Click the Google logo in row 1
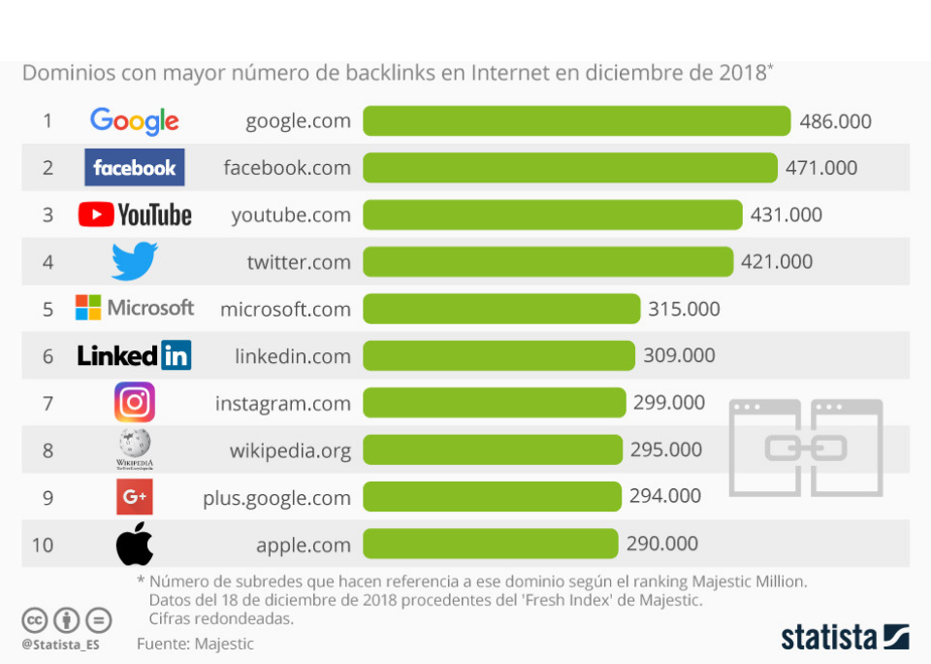[134, 121]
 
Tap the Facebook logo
[134, 168]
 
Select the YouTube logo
[135, 215]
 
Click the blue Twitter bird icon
[134, 261]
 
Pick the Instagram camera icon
[134, 402]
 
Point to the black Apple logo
[134, 544]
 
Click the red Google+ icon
[134, 497]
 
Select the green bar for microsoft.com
[501, 309]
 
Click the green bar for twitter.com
[548, 262]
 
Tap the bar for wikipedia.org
[493, 449]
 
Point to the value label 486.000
[835, 121]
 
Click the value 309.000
[679, 356]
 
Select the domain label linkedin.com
[292, 356]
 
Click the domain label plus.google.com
[276, 498]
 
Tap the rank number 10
[43, 545]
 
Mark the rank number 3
[48, 216]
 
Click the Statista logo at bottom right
[845, 637]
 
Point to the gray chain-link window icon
[806, 448]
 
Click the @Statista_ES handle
[60, 644]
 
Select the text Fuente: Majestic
[195, 644]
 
